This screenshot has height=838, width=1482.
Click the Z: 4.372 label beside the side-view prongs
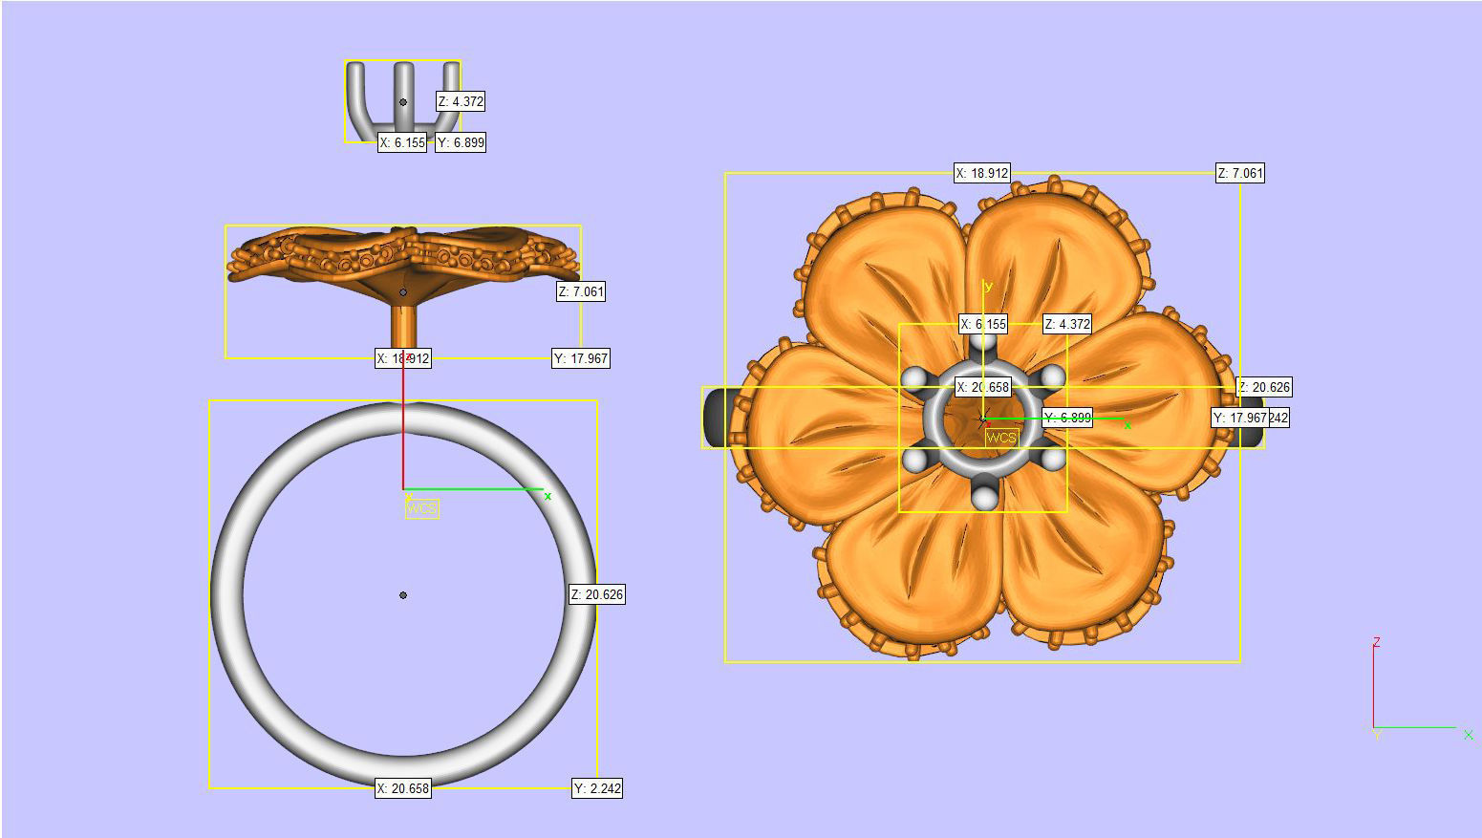(x=461, y=101)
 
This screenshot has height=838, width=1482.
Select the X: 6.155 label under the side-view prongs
(x=402, y=142)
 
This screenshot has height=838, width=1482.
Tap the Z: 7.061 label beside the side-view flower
(x=581, y=291)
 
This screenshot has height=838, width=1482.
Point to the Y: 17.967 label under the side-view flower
(x=581, y=359)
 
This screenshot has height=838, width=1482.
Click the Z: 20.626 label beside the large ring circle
(x=597, y=594)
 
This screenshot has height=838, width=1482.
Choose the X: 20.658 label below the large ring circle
(x=402, y=788)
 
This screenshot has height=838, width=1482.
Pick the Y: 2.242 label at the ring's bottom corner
(x=597, y=788)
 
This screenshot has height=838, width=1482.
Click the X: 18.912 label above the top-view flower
(x=981, y=173)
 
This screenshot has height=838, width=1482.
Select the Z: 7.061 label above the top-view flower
(x=1240, y=173)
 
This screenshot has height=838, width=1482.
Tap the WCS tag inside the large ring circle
(x=421, y=509)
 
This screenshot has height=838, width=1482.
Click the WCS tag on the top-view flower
(x=1001, y=438)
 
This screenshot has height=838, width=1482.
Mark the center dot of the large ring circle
(x=403, y=595)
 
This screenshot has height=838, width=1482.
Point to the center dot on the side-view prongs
(x=403, y=102)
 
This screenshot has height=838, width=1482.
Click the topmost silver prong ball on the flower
(x=983, y=341)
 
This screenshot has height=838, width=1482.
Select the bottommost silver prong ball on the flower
(x=984, y=496)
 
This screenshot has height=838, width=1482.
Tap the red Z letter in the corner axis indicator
(x=1377, y=642)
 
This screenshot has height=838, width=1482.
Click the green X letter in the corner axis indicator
(x=1468, y=735)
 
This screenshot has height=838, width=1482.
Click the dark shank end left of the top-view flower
(x=716, y=418)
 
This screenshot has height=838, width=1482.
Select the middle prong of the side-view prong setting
(x=404, y=91)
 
